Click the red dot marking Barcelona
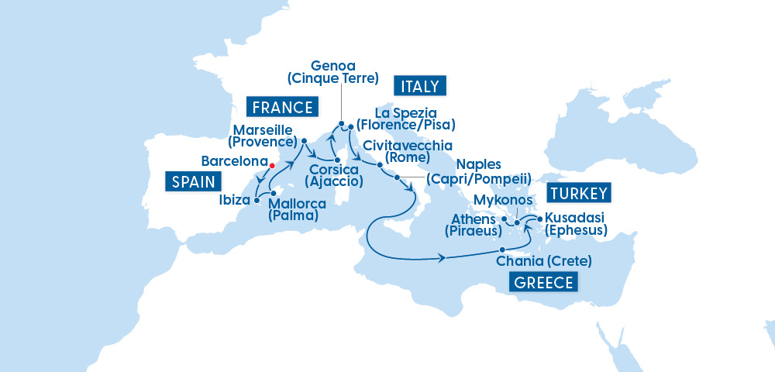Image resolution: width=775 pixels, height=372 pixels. click(271, 165)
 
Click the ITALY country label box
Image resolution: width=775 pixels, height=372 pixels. click(420, 85)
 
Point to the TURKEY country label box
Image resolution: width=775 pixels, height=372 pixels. click(580, 192)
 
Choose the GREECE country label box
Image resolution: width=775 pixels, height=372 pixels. click(544, 282)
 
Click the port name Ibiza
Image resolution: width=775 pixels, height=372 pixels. click(233, 200)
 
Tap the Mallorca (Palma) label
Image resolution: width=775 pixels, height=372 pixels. click(294, 210)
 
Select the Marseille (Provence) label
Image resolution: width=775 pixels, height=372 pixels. click(263, 136)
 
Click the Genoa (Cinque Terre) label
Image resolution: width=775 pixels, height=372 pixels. click(332, 71)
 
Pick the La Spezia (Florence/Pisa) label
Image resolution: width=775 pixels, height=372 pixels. click(405, 119)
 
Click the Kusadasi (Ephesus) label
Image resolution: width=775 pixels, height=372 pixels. click(576, 223)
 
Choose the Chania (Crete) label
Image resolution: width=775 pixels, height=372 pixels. click(544, 260)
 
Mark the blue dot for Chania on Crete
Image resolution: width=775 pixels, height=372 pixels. click(503, 249)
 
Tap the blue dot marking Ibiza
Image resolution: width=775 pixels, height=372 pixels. click(256, 199)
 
